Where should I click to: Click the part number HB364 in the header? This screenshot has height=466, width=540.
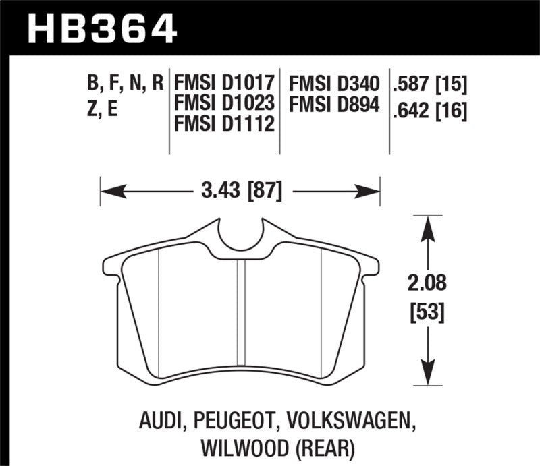pos(102,28)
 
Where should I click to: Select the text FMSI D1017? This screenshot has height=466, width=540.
pos(224,84)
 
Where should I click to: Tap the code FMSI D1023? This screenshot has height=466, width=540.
pos(224,104)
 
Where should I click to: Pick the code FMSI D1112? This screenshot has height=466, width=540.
pos(223,124)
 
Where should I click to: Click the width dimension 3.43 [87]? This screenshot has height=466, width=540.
pos(241,191)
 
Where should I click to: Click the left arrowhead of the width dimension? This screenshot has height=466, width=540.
pos(105,191)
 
